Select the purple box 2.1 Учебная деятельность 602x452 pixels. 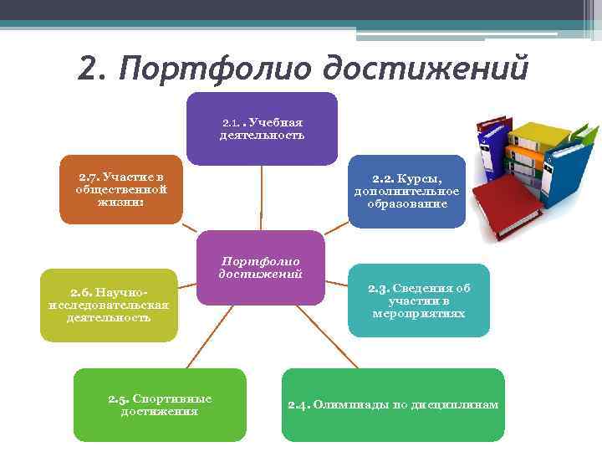262,128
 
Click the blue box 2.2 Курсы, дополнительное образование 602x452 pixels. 406,192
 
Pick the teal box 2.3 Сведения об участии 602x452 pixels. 419,300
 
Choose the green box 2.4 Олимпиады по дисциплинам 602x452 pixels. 393,405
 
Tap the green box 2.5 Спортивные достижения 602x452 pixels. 160,405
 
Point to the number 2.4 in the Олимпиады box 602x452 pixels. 298,405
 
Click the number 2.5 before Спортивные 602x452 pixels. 118,399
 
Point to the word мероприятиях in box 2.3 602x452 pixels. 419,314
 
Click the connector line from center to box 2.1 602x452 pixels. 262,197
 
